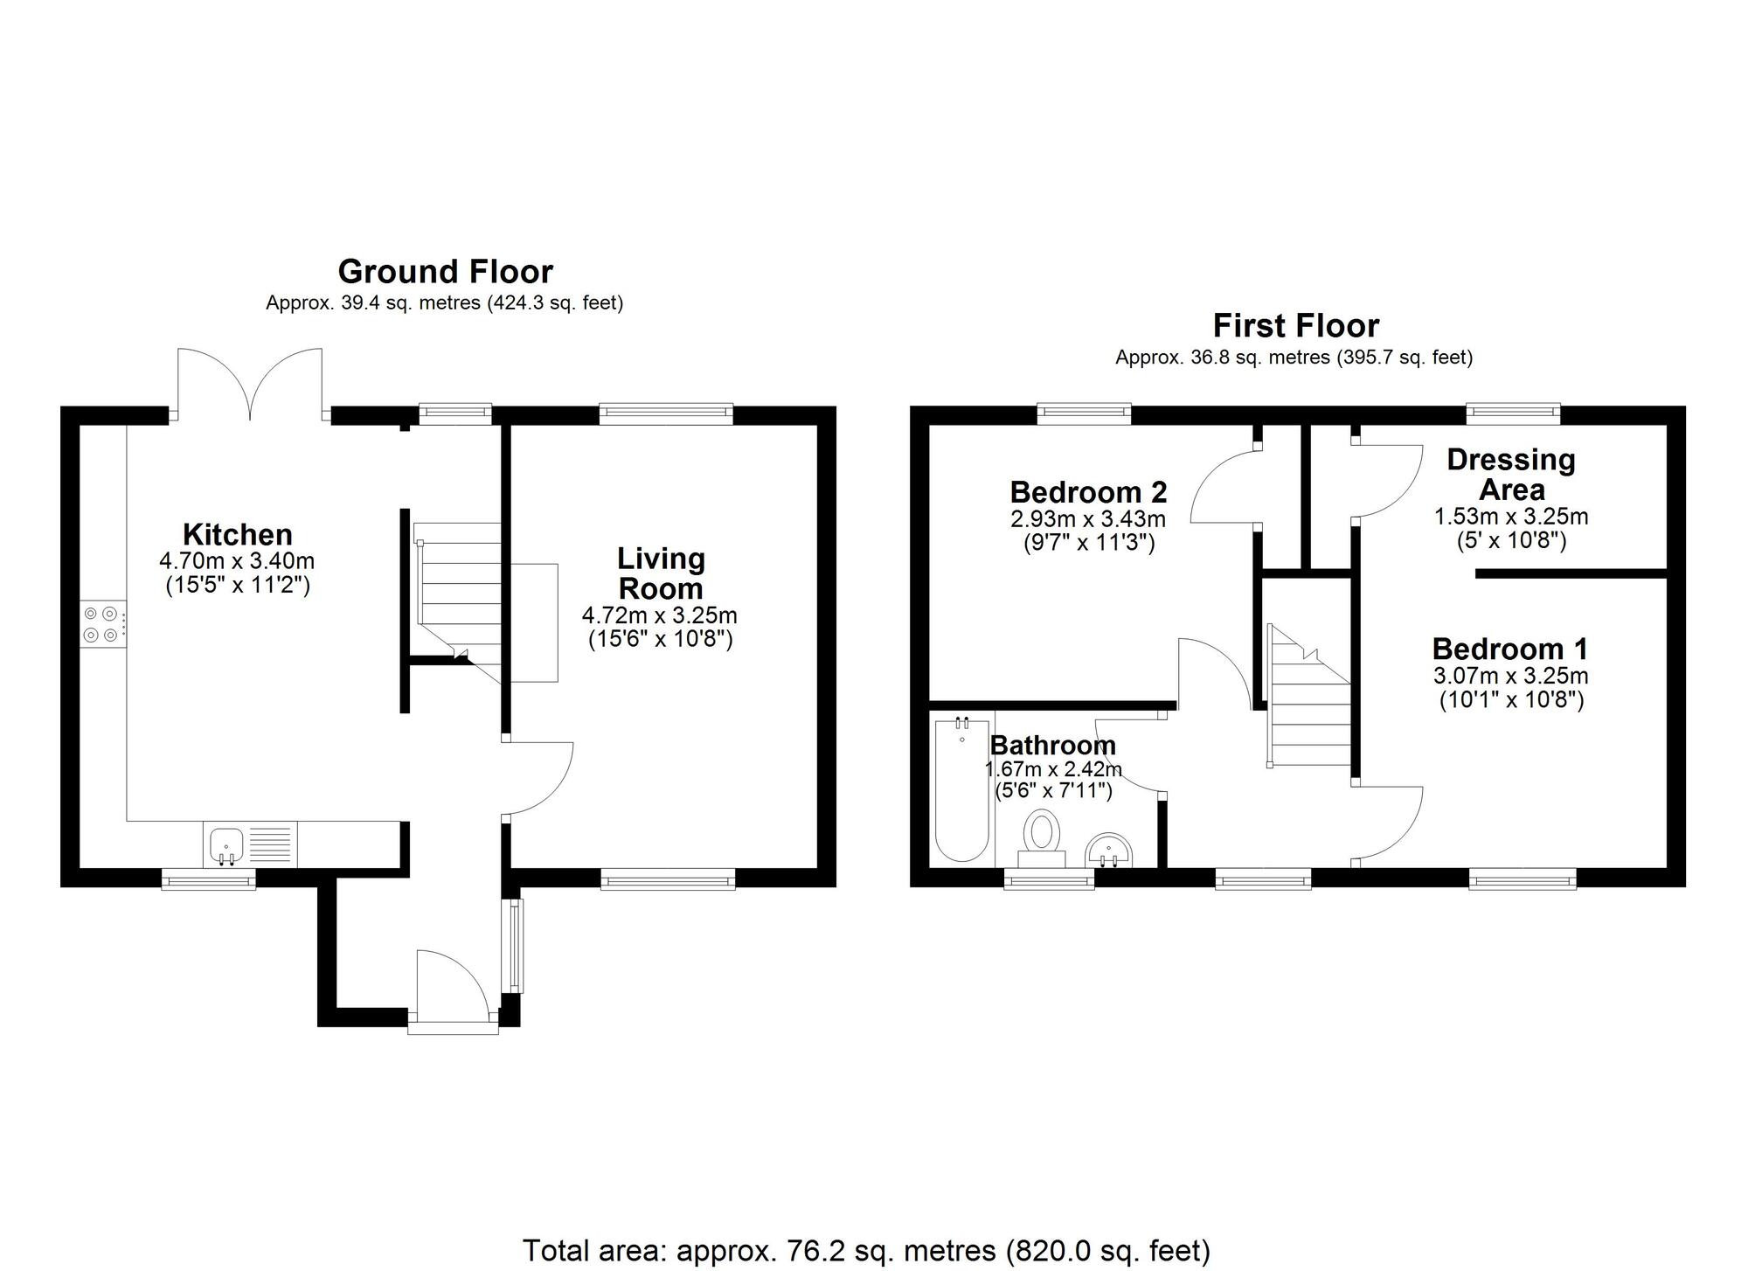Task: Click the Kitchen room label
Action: coord(237,534)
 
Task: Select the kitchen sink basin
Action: coord(226,844)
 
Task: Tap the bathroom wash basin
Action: coord(1109,850)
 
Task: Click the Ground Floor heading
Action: coord(445,272)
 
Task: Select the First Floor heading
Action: coord(1295,326)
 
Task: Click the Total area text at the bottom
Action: coord(865,1250)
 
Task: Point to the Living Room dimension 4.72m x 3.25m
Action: coord(659,615)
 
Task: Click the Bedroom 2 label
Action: coord(1088,492)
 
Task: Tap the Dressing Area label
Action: coord(1510,475)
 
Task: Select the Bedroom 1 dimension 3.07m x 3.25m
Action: coord(1510,676)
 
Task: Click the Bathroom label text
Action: coord(1052,746)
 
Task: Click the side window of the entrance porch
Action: coord(515,945)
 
